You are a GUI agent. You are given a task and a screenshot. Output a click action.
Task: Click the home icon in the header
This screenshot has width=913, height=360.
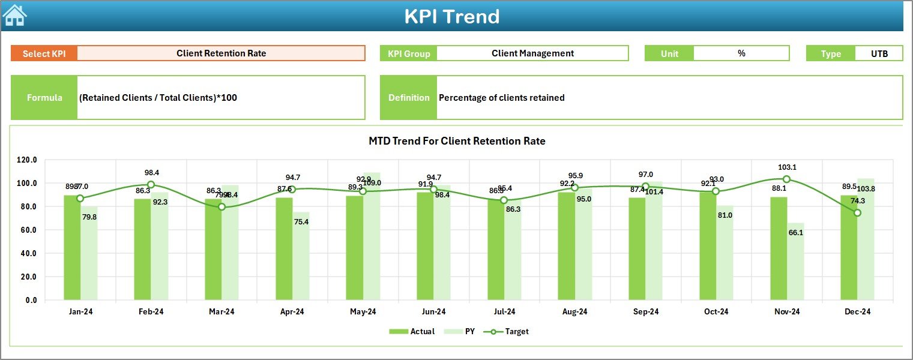tap(15, 16)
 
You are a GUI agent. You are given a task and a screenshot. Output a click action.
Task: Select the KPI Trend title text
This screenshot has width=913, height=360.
tap(451, 16)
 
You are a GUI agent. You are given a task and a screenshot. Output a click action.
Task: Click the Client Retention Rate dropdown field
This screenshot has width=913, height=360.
tap(221, 53)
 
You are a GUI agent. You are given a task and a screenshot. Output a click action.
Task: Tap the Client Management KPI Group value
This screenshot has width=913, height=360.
tap(532, 53)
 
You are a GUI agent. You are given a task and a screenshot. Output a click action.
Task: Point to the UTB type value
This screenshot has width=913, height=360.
tap(879, 53)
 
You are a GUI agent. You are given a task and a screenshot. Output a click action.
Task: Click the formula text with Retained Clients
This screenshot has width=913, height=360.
tap(158, 98)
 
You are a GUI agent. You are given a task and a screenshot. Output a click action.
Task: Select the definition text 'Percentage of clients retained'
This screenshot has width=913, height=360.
tap(501, 98)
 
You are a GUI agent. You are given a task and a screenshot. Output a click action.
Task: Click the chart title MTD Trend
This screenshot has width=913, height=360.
tap(457, 142)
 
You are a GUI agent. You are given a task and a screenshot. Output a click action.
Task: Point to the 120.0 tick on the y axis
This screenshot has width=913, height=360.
tap(26, 160)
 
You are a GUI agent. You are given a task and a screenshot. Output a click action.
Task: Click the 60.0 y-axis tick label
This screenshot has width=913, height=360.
tap(28, 230)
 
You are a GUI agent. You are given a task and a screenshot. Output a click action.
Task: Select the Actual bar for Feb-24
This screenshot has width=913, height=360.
tap(142, 249)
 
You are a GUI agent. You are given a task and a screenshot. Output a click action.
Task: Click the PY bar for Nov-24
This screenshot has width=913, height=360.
tap(795, 262)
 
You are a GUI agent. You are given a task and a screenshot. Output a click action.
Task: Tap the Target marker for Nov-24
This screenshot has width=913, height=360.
tap(786, 179)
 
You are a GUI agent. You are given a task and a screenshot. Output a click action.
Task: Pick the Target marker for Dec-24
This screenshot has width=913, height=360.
tap(857, 213)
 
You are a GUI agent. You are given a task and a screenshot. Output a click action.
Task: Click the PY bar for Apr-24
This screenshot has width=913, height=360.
tap(301, 256)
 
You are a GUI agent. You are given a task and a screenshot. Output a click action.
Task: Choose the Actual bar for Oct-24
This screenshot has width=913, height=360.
tap(708, 246)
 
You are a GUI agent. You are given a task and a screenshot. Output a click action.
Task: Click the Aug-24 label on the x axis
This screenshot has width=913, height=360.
tap(574, 312)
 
